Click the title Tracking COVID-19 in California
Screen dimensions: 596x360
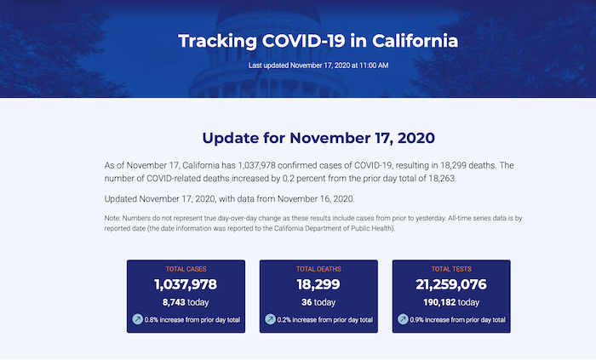(x=318, y=41)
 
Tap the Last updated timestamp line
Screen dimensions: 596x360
(x=318, y=66)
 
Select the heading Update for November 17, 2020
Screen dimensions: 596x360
(x=318, y=138)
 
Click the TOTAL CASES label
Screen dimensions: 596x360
(x=186, y=269)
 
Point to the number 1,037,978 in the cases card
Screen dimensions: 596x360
(x=186, y=284)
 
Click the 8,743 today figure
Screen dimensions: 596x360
(x=186, y=302)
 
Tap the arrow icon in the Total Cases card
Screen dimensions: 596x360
(x=138, y=319)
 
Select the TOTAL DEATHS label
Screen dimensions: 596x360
(x=318, y=269)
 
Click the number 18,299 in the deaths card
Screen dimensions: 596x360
(x=318, y=284)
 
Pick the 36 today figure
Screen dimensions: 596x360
(x=318, y=302)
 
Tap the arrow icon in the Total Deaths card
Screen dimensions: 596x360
(x=270, y=319)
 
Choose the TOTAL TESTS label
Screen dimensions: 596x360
(x=451, y=269)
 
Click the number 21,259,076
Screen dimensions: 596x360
(x=451, y=284)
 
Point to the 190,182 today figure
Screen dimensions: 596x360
(x=451, y=302)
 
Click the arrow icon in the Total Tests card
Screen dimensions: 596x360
(x=403, y=319)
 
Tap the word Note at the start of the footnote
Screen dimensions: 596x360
(x=112, y=219)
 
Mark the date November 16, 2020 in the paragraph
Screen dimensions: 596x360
(x=316, y=199)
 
